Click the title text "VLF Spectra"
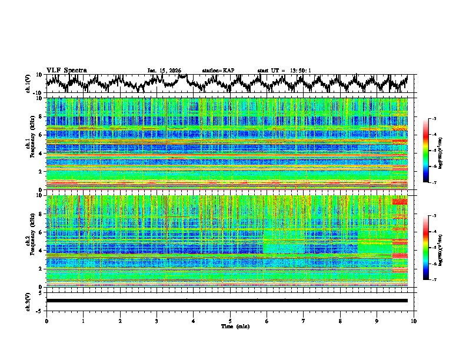coord(66,70)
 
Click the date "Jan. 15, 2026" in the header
coord(164,71)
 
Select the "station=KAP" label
coord(218,71)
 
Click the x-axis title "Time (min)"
coord(230,326)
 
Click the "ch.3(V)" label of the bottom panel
coord(28,301)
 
